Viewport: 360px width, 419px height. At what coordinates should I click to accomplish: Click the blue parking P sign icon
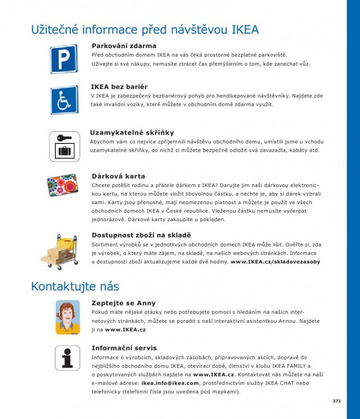coord(64,59)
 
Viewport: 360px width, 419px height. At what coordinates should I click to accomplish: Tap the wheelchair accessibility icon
coord(64,100)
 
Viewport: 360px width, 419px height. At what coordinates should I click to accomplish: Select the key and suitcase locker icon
coord(64,146)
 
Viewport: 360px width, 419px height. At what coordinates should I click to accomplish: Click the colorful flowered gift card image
coord(62,186)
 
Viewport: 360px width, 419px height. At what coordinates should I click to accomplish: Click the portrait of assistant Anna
coord(67,317)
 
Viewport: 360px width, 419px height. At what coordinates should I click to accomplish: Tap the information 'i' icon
coord(67,358)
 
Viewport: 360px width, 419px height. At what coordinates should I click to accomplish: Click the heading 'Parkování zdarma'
coord(124,46)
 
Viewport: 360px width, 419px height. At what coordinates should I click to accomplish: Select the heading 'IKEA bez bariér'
coord(119,87)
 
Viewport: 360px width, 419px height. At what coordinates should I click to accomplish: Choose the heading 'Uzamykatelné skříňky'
coord(132,133)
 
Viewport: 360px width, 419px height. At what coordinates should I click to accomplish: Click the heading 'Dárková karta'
coord(118,176)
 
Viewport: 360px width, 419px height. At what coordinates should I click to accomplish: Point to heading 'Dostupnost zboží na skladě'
coord(141,235)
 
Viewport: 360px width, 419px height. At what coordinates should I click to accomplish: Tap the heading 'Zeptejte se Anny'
coord(124,303)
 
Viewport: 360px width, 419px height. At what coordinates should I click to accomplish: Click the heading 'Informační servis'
coord(124,348)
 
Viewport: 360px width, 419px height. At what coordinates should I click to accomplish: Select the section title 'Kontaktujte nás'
coord(75,286)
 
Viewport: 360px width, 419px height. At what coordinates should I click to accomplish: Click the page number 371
coord(336,401)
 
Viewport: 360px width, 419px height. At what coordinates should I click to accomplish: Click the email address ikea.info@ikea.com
coord(170,383)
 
